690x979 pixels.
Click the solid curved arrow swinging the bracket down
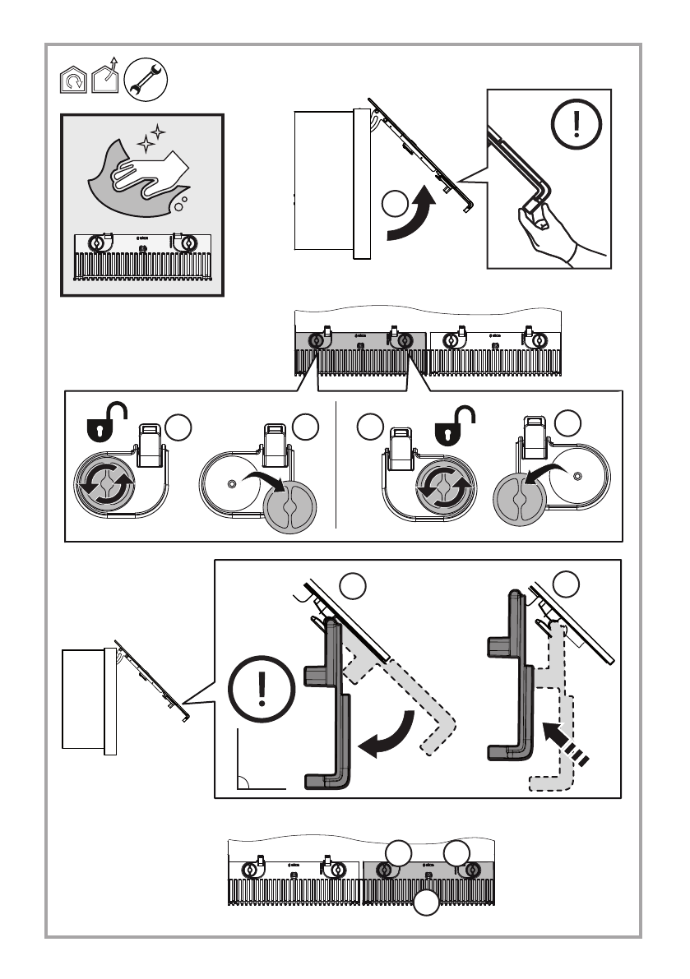point(389,737)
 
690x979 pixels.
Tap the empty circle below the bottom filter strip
point(426,903)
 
